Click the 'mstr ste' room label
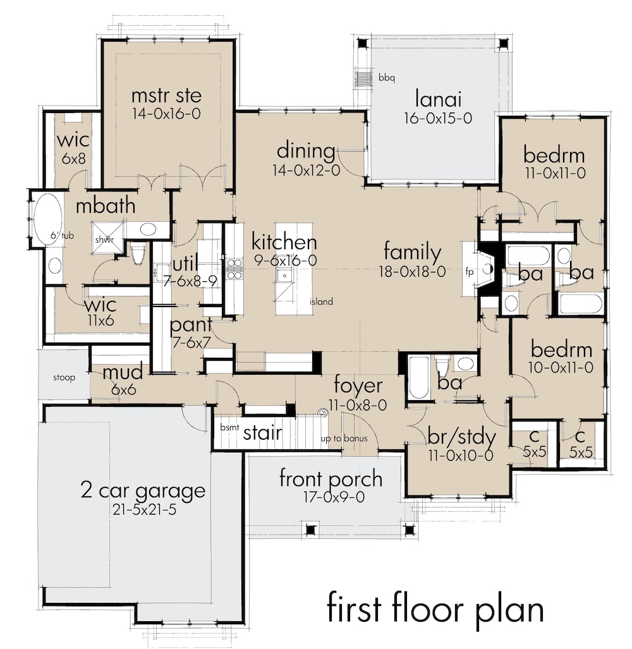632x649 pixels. pos(166,96)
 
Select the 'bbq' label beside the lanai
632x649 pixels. pos(386,78)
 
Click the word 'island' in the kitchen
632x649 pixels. pos(321,302)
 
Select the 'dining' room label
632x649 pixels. pos(306,151)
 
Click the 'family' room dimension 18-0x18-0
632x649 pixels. pos(412,272)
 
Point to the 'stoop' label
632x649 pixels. pos(63,378)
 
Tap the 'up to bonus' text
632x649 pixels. pos(342,439)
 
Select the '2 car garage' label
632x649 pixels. pos(143,490)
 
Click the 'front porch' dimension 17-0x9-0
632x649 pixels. pos(331,497)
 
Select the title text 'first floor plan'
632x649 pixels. pos(435,609)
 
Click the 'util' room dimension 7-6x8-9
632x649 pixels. pos(191,282)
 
